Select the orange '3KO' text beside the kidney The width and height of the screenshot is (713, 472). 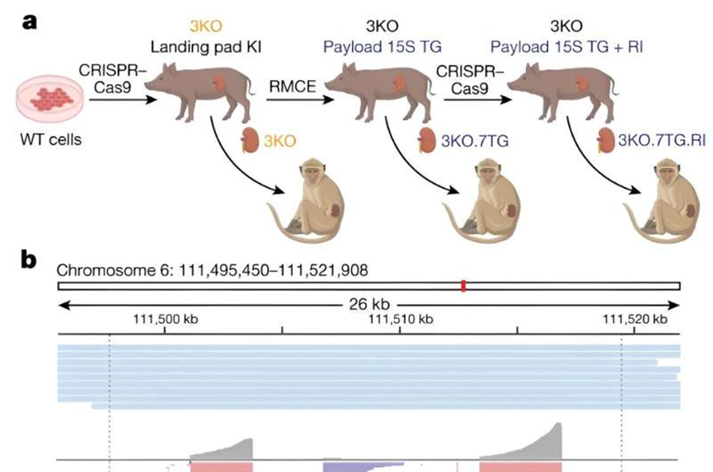[x=279, y=142]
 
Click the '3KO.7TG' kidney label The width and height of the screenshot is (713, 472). [x=474, y=142]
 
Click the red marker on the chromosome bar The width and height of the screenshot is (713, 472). [x=463, y=286]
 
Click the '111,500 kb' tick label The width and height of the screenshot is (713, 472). [x=166, y=318]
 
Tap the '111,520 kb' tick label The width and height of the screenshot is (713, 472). [x=635, y=318]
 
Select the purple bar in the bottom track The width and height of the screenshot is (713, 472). [x=363, y=466]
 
